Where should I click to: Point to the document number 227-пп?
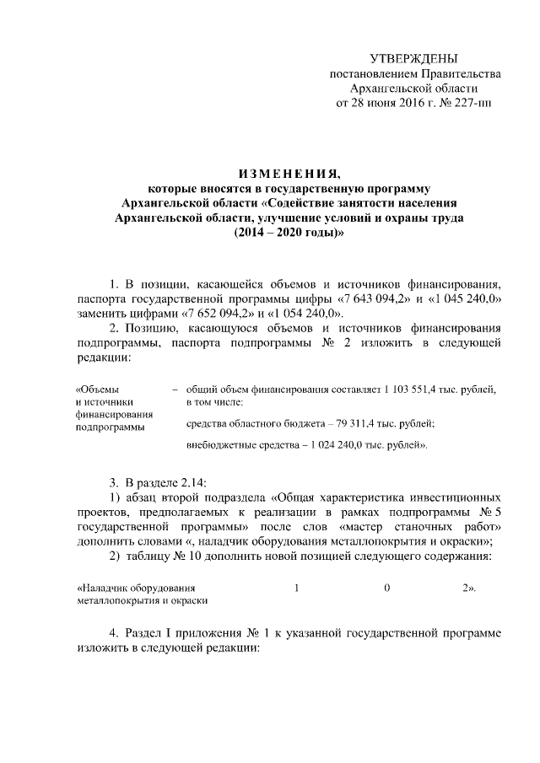[471, 103]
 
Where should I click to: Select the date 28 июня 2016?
[386, 103]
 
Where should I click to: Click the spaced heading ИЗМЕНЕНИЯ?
[270, 174]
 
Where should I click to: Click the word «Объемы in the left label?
[98, 390]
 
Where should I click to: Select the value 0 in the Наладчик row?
[386, 588]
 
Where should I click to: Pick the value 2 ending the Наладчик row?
[466, 588]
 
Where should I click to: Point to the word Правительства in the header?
[460, 74]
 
